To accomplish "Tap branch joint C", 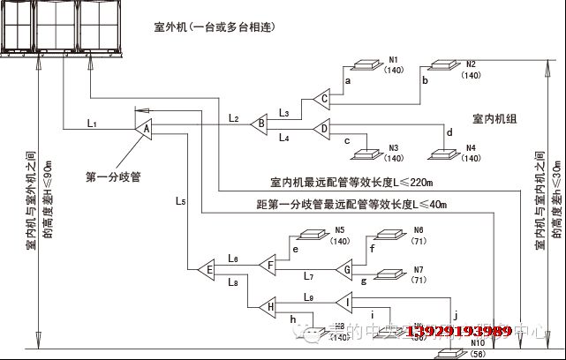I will tap(323, 98).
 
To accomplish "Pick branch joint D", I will tap(323, 129).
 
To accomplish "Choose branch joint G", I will tap(346, 269).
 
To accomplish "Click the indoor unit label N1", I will tap(394, 59).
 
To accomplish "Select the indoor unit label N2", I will tap(471, 64).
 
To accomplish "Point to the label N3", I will tap(394, 147).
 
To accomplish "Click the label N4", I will tap(471, 147).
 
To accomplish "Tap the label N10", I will tap(478, 342).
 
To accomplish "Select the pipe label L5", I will tap(180, 202).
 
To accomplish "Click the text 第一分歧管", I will tap(115, 176).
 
